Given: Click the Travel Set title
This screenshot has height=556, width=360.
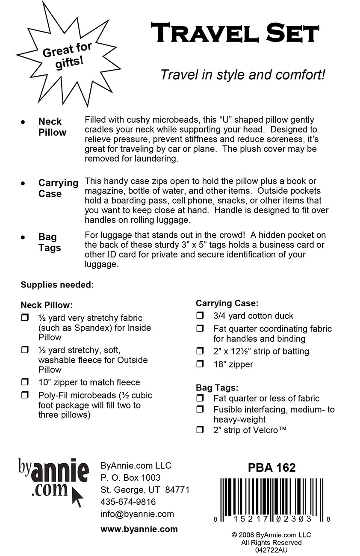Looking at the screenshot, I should point(235,33).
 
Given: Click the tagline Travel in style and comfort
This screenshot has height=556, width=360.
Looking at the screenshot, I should point(243,75).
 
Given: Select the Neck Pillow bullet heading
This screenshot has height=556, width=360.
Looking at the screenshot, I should point(52,127).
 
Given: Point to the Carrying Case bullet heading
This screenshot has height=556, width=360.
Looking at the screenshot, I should point(58,188).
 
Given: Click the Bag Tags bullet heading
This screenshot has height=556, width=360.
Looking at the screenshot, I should point(50,243).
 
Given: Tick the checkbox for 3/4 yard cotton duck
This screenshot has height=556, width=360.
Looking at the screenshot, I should point(200,316).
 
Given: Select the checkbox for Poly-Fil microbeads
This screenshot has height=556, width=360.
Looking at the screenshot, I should point(25,396).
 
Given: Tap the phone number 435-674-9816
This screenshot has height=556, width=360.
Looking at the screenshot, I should point(128,502).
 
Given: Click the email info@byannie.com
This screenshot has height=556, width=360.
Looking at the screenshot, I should point(137,514).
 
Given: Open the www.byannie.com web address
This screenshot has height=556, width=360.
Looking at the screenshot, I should point(139,529).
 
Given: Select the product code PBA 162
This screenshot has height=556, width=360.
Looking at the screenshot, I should point(271,468).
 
